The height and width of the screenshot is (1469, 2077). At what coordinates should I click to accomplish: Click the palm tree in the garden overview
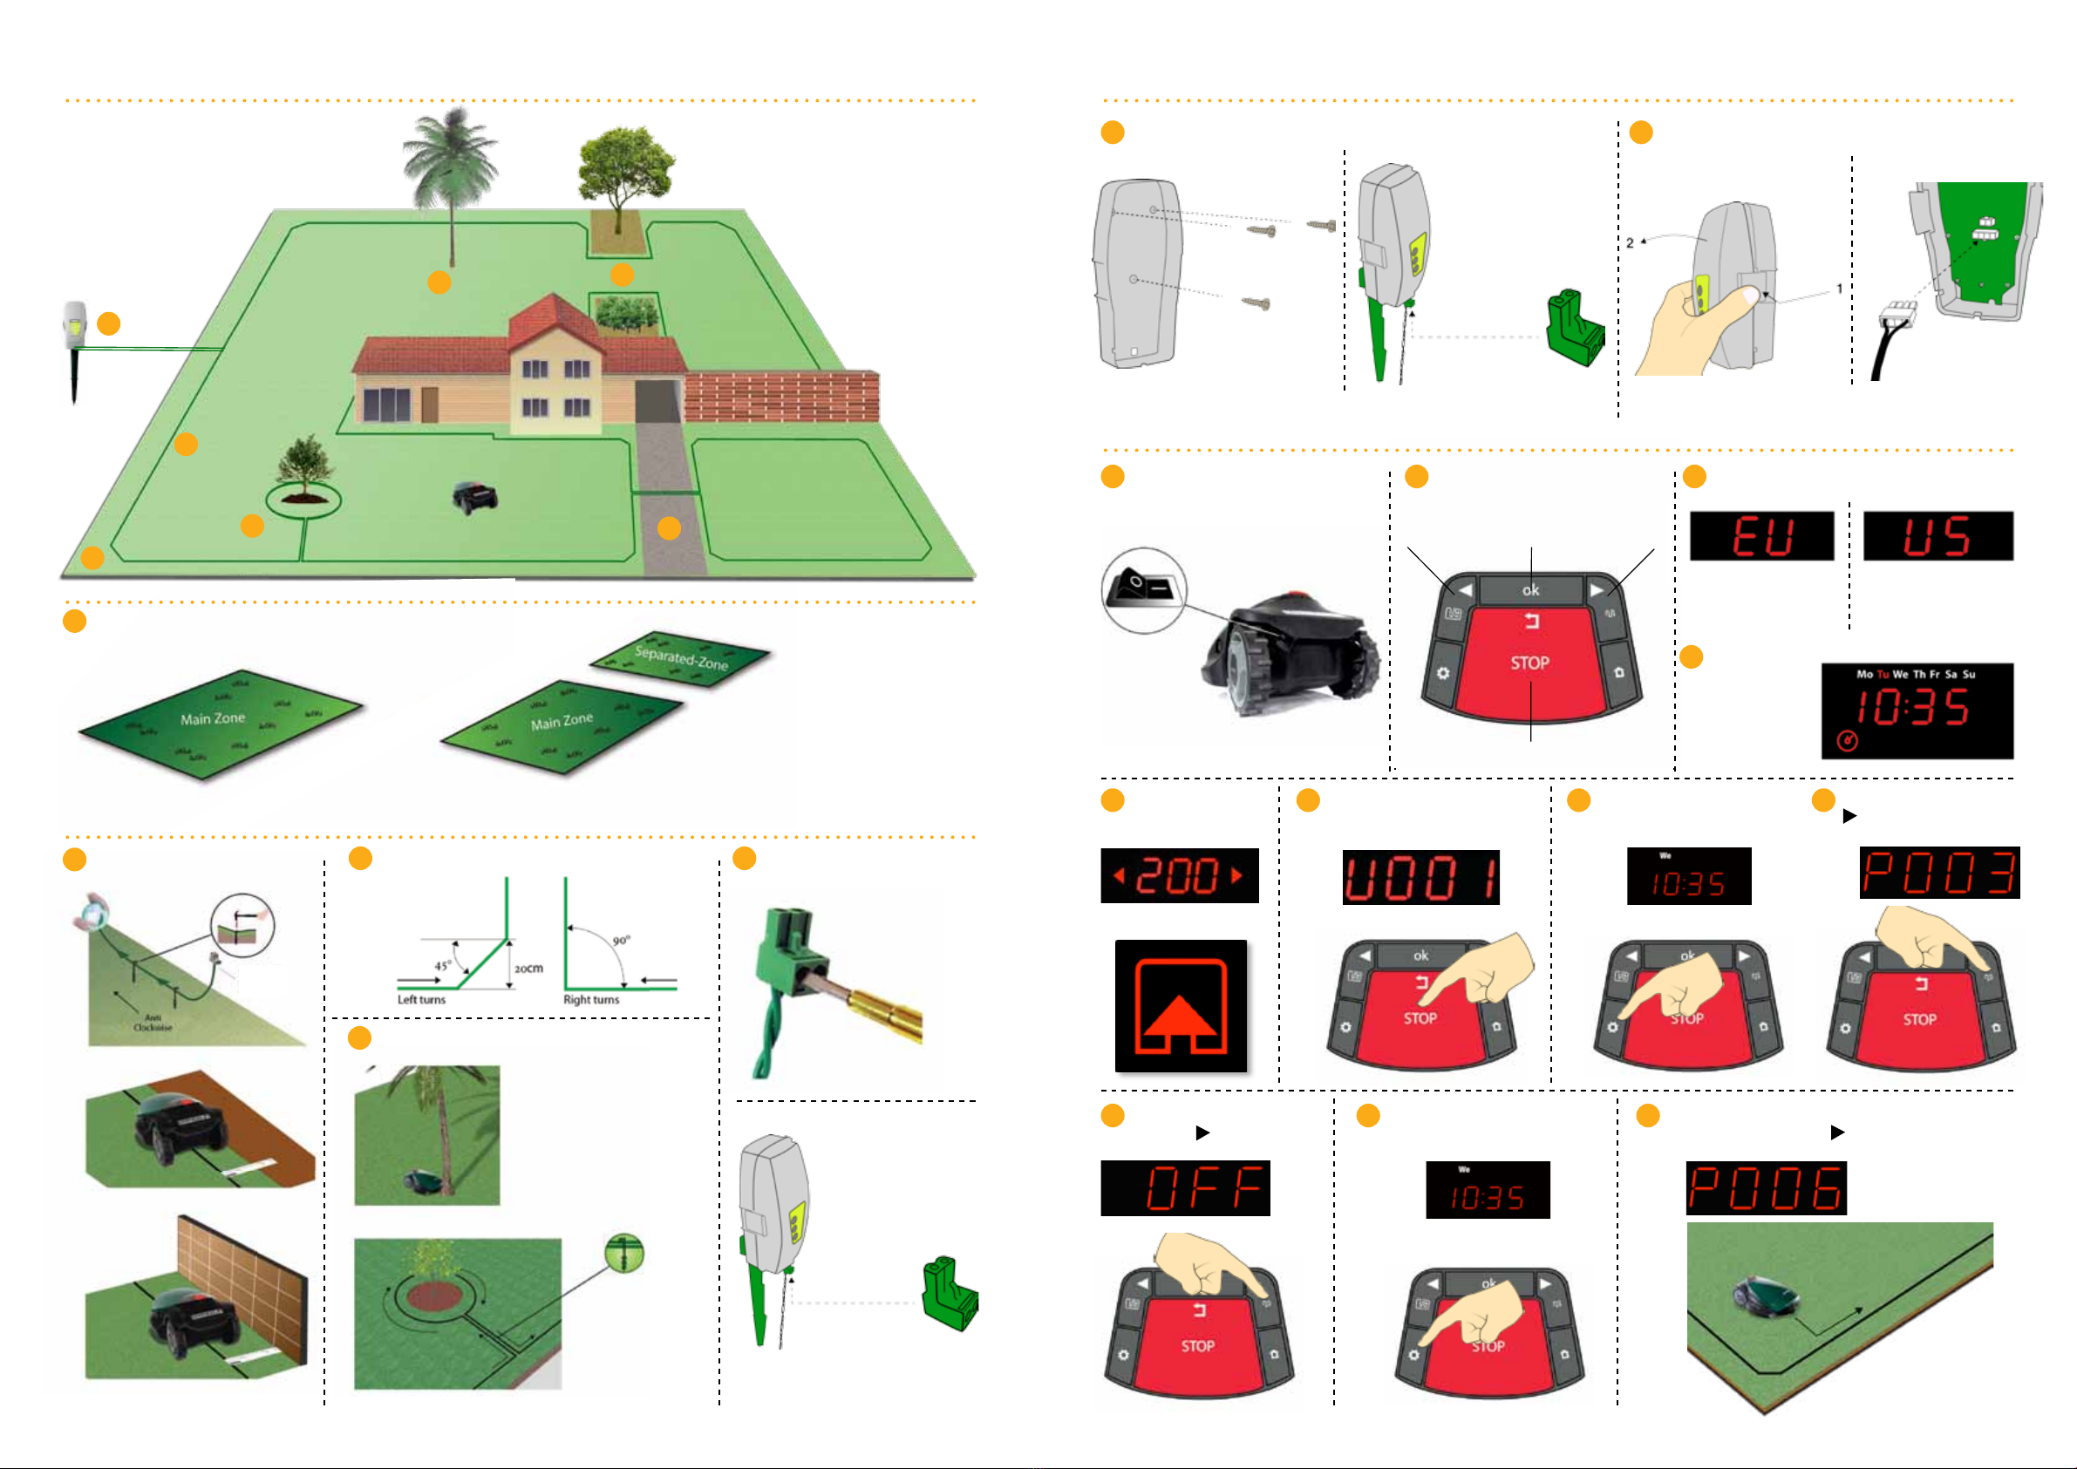pos(452,172)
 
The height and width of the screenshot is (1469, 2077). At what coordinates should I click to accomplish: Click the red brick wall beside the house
pos(780,396)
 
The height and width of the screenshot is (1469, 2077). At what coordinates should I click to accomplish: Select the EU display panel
pos(1761,535)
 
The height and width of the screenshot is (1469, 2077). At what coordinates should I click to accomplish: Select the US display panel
pos(1937,535)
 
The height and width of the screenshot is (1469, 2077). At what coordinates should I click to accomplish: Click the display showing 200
pos(1179,875)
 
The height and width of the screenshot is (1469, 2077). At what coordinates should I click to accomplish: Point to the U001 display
pos(1420,877)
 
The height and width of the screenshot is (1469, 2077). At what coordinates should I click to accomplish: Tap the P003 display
pos(1938,873)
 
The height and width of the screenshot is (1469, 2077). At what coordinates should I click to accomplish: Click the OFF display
pos(1185,1187)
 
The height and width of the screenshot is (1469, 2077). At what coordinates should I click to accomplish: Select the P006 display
pos(1766,1187)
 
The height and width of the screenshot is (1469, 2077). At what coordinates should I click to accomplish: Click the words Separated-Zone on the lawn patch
pos(681,657)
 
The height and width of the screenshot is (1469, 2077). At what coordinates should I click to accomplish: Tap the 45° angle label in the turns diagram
pos(442,966)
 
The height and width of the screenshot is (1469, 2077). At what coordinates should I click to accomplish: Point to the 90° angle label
pos(622,941)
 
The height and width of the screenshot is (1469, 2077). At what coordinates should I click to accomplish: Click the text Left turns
pos(421,1000)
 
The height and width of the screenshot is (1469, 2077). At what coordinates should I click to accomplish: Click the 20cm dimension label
pos(529,969)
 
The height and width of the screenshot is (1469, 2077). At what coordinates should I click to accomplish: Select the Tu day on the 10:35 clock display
pos(1883,674)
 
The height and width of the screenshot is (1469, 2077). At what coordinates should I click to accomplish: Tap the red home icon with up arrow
pos(1181,1006)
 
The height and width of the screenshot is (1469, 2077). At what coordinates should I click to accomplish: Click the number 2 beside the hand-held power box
pos(1630,242)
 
